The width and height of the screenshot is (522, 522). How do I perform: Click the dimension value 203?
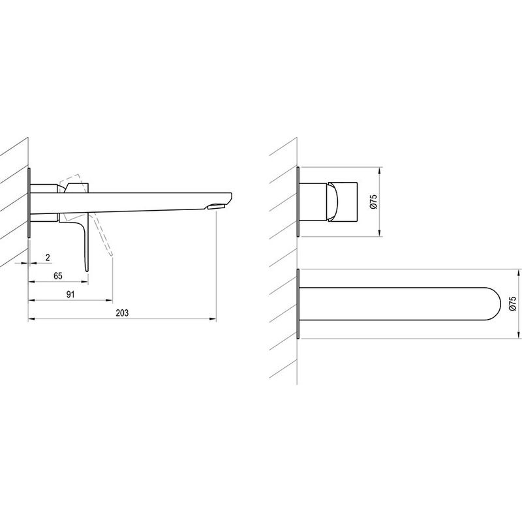point(122,313)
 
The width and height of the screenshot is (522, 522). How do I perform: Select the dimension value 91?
point(70,294)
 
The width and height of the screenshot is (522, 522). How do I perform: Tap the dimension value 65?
point(58,275)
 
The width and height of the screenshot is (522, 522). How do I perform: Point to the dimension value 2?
point(48,257)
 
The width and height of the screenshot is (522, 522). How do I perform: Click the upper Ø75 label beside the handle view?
point(373,202)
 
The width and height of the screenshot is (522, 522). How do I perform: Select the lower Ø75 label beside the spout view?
point(513,303)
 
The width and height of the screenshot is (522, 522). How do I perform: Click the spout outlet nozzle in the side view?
point(216,207)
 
